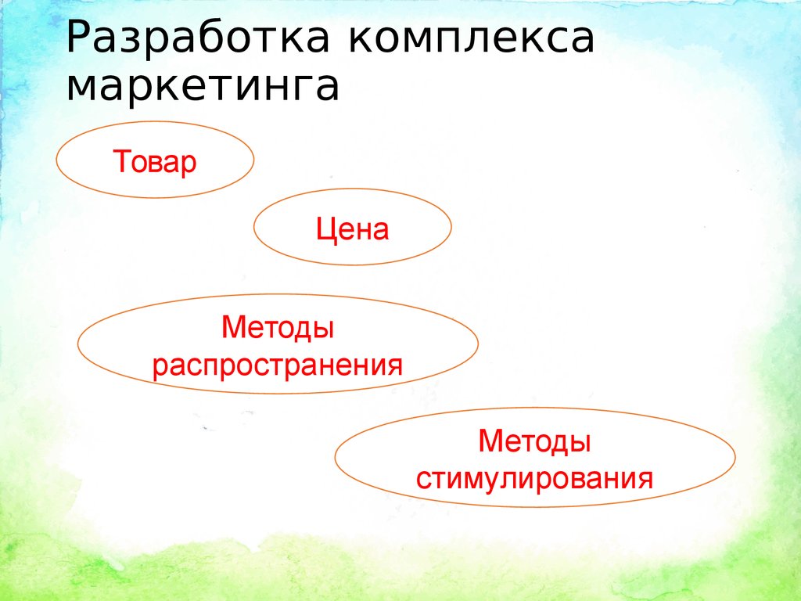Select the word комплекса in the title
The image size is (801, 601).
click(472, 40)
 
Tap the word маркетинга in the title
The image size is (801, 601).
click(203, 88)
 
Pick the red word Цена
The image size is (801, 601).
click(352, 229)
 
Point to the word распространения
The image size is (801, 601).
click(278, 365)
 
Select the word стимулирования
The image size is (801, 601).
click(534, 477)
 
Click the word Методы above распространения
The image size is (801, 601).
click(278, 327)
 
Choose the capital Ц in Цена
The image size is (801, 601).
click(325, 230)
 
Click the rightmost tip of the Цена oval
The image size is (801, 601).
click(451, 227)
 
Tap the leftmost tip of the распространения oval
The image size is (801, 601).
click(78, 344)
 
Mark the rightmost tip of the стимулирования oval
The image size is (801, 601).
click(735, 457)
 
